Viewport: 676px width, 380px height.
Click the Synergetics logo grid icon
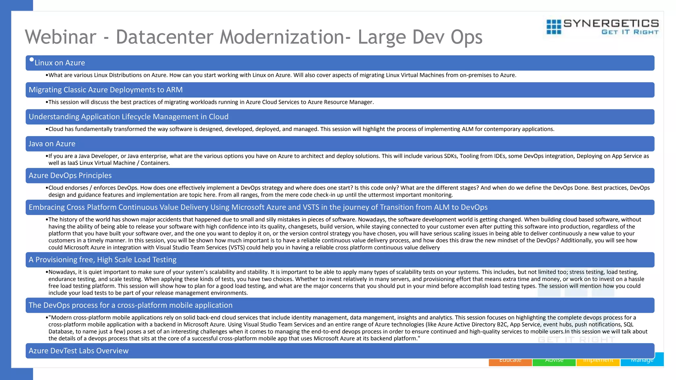point(554,27)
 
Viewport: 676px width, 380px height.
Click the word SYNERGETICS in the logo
point(611,23)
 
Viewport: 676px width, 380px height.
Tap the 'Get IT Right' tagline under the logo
point(630,32)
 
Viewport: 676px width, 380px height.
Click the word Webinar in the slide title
point(60,37)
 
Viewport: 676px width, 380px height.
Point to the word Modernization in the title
point(283,37)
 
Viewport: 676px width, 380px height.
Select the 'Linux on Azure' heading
point(60,63)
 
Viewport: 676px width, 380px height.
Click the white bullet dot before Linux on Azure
point(32,60)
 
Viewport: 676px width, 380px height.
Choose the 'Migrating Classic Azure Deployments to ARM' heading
point(106,90)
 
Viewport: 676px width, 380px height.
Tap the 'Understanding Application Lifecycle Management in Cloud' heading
point(128,117)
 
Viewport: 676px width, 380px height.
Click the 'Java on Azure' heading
point(52,144)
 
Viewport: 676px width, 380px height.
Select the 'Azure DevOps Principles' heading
point(70,175)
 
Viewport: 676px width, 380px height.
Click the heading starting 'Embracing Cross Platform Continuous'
point(258,207)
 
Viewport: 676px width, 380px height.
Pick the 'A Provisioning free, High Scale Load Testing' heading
point(102,260)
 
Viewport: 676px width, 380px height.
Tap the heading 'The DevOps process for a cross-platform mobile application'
point(130,305)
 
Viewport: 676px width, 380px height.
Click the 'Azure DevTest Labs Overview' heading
point(79,351)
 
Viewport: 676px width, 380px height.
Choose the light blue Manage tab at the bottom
point(642,362)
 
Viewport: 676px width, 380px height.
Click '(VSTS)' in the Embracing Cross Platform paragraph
point(236,247)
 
